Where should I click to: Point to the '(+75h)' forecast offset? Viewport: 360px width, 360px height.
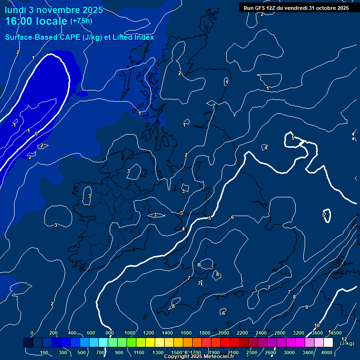(82, 21)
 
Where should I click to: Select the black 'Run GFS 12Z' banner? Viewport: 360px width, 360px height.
(295, 7)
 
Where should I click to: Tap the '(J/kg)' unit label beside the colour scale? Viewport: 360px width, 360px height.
(347, 344)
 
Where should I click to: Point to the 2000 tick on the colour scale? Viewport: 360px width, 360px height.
(223, 333)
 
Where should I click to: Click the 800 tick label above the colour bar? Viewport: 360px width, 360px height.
(110, 333)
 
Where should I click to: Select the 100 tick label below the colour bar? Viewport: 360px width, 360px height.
(45, 352)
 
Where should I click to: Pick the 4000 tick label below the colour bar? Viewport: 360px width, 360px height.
(327, 352)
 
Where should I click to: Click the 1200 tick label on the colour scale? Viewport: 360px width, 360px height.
(148, 333)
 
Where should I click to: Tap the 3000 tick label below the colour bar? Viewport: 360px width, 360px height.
(289, 352)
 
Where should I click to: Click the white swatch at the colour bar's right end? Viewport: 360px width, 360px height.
(328, 343)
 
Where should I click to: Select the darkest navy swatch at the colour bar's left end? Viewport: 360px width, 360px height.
(28, 343)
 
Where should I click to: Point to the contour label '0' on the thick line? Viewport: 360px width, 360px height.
(36, 134)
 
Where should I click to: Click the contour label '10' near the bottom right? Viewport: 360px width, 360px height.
(317, 325)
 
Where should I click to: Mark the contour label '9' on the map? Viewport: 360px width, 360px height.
(306, 307)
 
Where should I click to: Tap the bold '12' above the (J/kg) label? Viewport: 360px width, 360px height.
(344, 338)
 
